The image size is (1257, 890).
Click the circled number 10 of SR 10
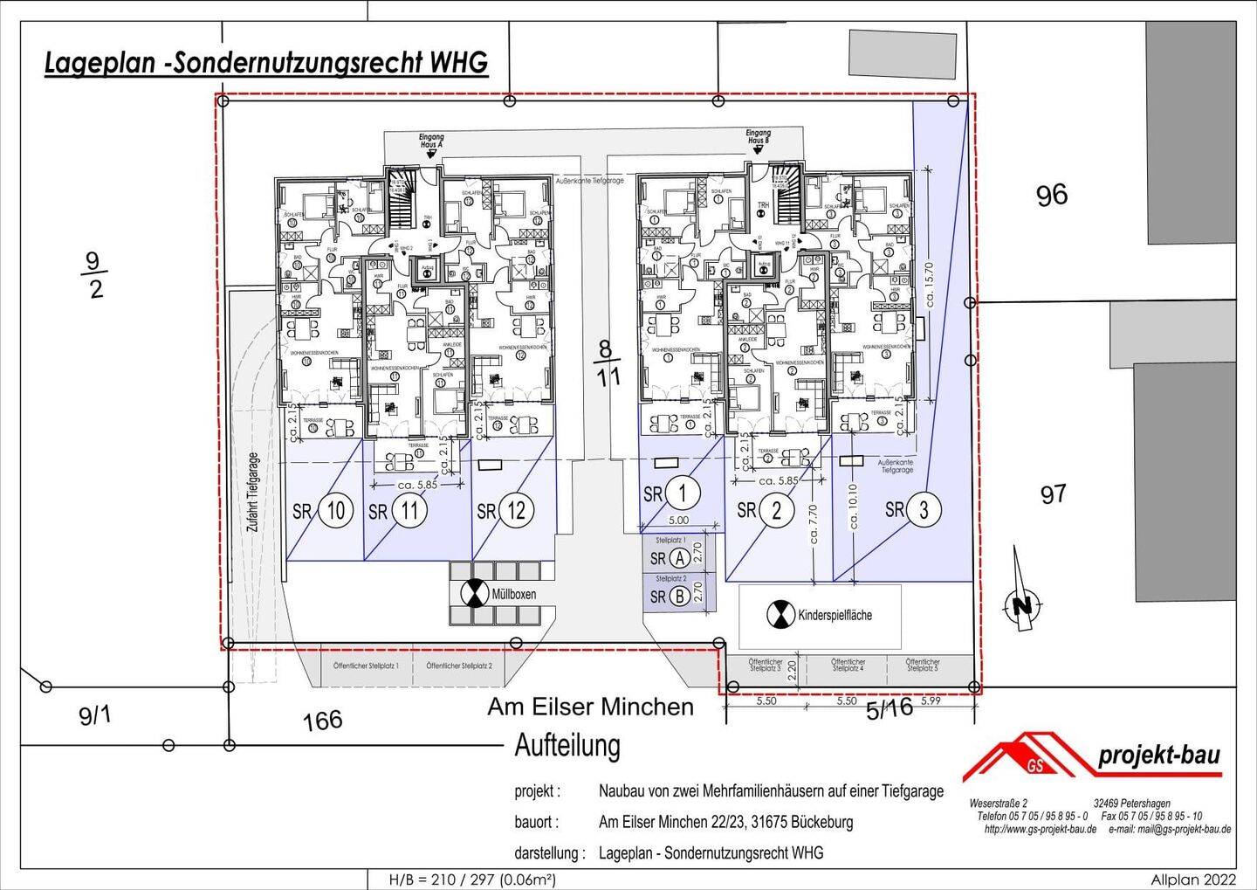coord(336,510)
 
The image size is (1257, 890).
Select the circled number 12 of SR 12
coord(517,510)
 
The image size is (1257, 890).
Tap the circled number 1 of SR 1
coord(682,493)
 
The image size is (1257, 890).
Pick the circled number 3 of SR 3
coord(924,509)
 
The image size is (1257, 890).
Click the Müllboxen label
coord(514,594)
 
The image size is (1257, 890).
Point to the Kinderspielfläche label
coord(835,615)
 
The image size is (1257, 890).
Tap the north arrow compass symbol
coord(1023,603)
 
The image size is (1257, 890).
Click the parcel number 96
coord(1051,194)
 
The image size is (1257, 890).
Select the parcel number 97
coord(1053,494)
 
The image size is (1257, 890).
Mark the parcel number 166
coord(322,721)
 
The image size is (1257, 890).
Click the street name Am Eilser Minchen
coord(590,707)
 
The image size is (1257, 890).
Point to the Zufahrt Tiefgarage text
coord(253,493)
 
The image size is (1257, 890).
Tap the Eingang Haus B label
coord(759,136)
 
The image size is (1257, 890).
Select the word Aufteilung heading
coord(567,746)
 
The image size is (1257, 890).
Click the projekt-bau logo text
coord(1158,755)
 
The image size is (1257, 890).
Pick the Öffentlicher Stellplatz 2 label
coord(459,666)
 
